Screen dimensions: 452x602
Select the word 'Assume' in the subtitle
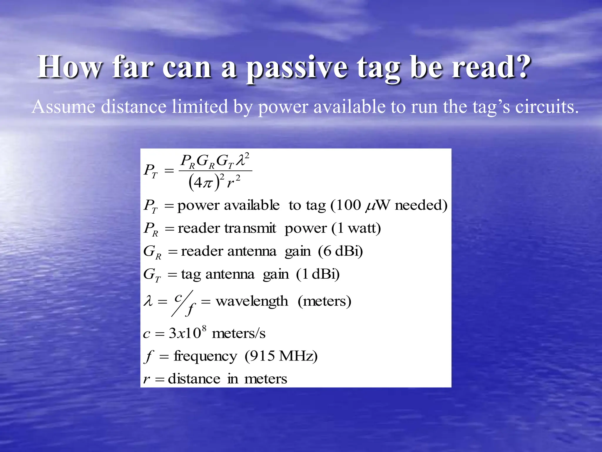(x=63, y=107)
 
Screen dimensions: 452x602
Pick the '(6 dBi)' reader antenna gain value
(x=340, y=251)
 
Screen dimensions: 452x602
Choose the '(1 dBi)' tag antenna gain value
(x=318, y=274)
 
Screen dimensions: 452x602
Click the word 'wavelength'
(x=252, y=301)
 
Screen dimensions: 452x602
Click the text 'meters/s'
(x=238, y=333)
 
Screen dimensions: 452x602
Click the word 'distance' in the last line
(x=194, y=379)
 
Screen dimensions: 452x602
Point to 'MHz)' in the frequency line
(x=298, y=356)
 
